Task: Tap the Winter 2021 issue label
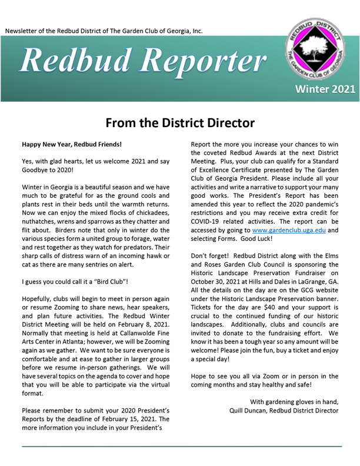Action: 325,89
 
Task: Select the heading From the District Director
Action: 180,123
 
